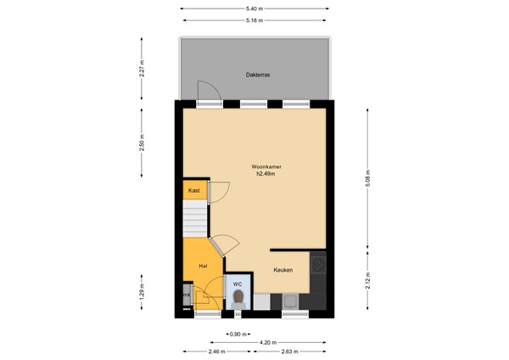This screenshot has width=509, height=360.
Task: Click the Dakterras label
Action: (257, 73)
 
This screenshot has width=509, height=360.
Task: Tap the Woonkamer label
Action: (266, 166)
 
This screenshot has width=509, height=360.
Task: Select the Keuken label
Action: (283, 270)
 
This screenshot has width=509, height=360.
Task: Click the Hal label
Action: (204, 267)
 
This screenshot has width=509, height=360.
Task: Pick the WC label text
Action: (238, 283)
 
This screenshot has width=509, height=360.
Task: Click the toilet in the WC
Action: (239, 298)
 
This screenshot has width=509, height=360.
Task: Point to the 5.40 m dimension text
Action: (255, 8)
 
